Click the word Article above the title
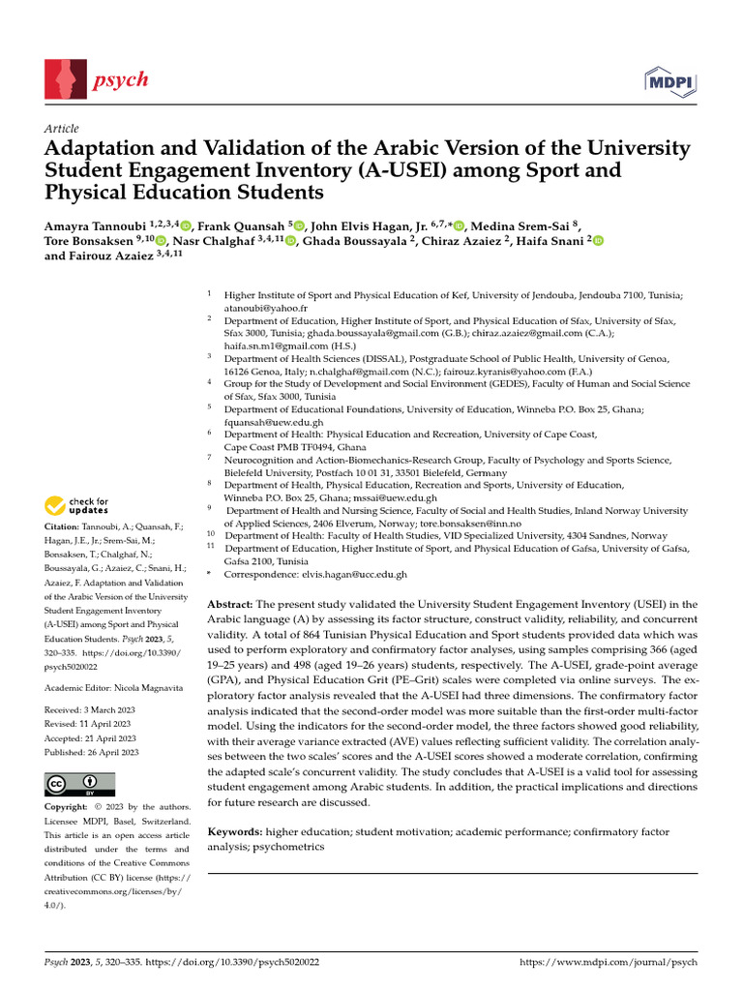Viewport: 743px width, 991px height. pyautogui.click(x=62, y=129)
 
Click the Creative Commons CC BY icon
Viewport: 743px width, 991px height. pyautogui.click(x=80, y=784)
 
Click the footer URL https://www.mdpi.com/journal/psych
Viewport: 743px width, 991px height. pyautogui.click(x=609, y=963)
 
